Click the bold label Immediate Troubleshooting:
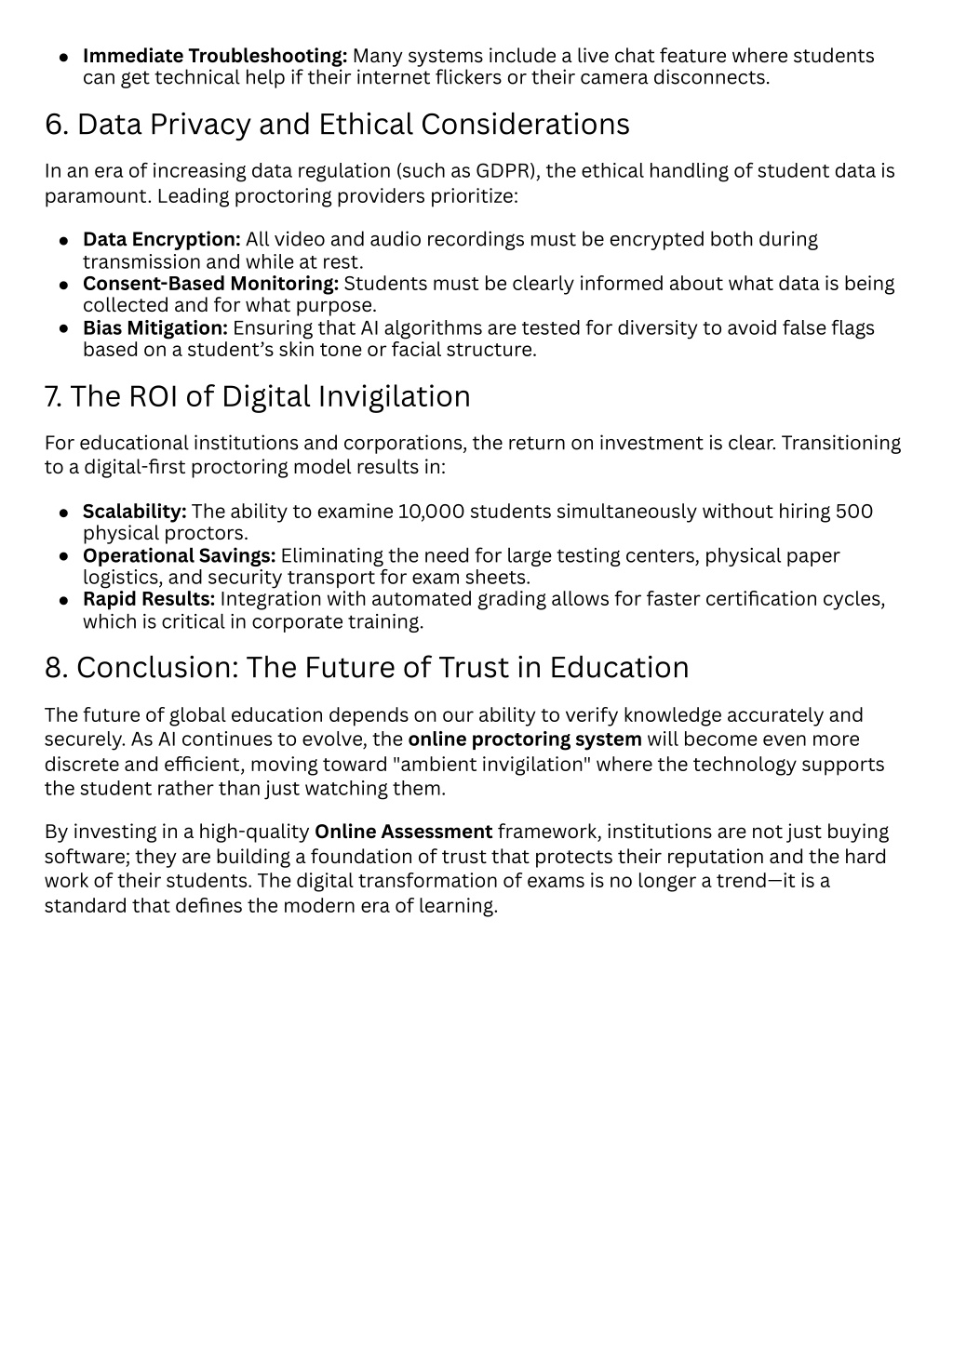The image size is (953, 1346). [215, 56]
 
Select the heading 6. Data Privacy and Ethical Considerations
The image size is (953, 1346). [337, 125]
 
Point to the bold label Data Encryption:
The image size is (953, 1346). [162, 240]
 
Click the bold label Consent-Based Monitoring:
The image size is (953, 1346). [210, 284]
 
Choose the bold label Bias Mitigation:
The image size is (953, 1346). [155, 327]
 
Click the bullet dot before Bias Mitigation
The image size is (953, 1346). [63, 328]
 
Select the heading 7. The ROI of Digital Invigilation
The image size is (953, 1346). [257, 396]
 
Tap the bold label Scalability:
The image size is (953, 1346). [135, 512]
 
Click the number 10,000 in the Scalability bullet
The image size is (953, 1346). [427, 512]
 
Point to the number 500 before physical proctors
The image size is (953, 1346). [853, 512]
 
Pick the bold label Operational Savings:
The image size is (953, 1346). [180, 556]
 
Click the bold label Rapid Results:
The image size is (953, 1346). [149, 599]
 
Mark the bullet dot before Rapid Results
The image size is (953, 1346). [63, 600]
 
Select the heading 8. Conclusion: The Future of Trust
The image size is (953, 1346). [367, 668]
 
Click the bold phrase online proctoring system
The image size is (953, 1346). [525, 740]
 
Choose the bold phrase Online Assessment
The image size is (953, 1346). [403, 832]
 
